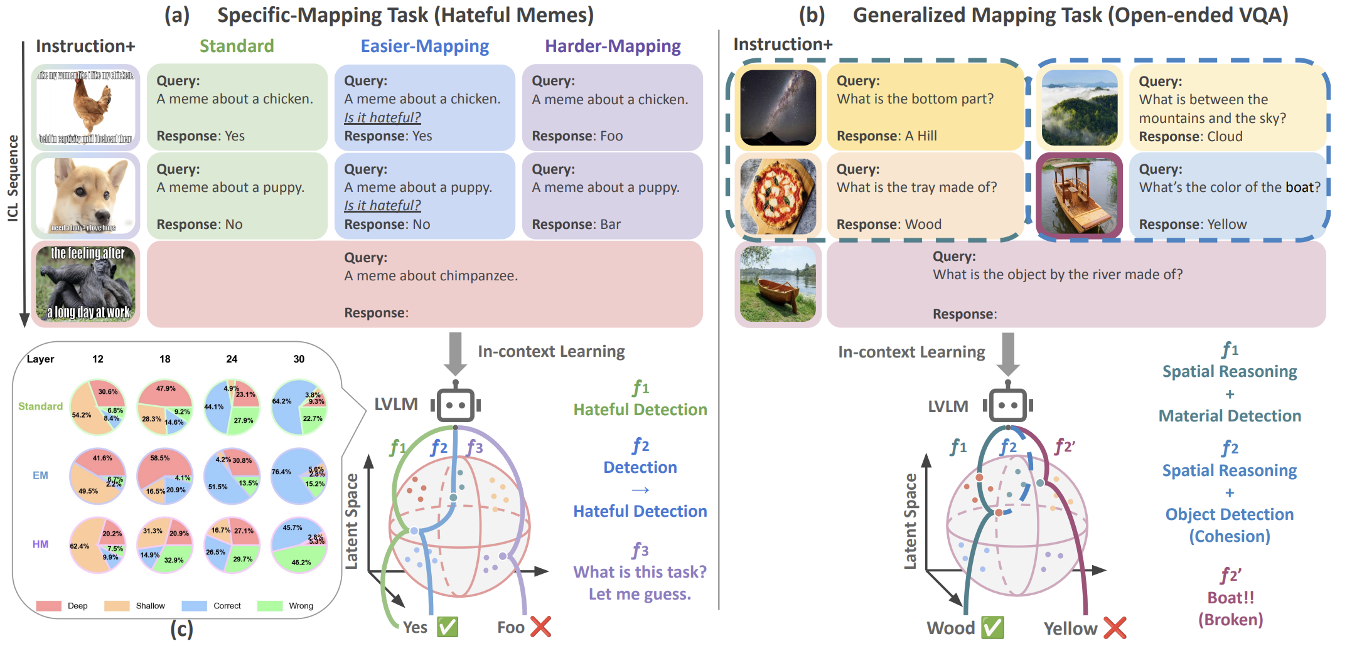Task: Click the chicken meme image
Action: tap(85, 107)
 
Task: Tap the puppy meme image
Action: tap(85, 195)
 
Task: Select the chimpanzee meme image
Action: tap(85, 283)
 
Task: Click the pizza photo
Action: tap(778, 196)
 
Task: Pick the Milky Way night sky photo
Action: tap(778, 107)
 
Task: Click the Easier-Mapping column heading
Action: tap(424, 46)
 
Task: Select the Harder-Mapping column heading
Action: tap(612, 46)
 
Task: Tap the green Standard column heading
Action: tap(237, 46)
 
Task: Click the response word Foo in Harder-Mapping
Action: tap(611, 136)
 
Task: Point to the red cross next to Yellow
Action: tap(1114, 628)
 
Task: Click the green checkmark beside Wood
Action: tap(992, 627)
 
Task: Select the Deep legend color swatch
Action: tap(48, 606)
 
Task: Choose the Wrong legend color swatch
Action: tap(270, 606)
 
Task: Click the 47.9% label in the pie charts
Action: tap(166, 389)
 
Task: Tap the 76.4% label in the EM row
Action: tap(281, 472)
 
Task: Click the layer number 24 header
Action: tap(232, 359)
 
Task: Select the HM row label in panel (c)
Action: tap(40, 544)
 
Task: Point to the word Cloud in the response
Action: tap(1225, 137)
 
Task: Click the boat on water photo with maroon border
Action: tap(1079, 196)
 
